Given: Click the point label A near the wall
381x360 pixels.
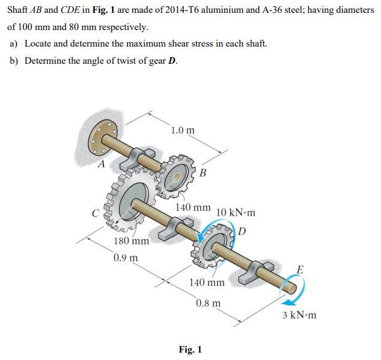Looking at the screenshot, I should click(x=102, y=163).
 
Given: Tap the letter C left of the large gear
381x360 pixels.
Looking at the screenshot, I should click(x=96, y=213).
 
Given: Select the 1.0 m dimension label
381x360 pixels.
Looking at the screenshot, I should click(x=183, y=130).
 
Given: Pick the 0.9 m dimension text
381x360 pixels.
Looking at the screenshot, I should click(x=126, y=257).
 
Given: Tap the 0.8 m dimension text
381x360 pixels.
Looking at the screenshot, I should click(x=209, y=303).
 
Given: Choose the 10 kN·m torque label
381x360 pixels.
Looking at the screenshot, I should click(x=236, y=213).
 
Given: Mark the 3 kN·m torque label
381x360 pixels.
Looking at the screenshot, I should click(x=300, y=315).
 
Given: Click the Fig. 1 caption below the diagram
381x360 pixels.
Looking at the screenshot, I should click(x=190, y=350).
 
